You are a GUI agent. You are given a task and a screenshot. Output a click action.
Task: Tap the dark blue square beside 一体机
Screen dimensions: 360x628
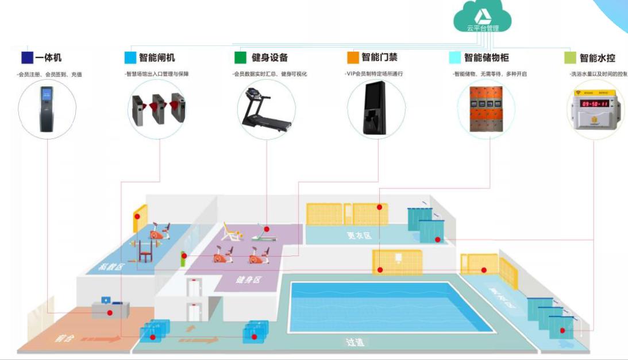coord(27,57)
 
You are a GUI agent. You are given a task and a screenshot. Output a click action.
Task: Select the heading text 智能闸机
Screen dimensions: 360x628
coord(157,57)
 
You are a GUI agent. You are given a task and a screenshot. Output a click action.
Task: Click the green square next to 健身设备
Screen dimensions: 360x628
coord(240,57)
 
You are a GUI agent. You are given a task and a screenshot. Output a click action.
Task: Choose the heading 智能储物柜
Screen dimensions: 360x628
coord(486,57)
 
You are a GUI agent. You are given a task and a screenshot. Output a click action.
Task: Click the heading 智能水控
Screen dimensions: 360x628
coord(598,57)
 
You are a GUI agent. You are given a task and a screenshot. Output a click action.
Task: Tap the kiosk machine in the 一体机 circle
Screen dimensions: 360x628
coord(47,109)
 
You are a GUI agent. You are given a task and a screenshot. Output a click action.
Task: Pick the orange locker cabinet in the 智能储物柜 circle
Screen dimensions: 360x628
coord(487,109)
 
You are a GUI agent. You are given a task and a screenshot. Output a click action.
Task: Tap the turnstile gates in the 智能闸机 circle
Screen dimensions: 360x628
coord(156,109)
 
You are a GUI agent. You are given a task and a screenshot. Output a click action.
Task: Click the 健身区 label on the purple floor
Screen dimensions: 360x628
coord(248,280)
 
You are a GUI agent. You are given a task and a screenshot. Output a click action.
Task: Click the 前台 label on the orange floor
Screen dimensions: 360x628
coord(61,338)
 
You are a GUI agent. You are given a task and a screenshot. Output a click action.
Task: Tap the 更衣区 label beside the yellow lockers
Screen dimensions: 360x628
coord(359,235)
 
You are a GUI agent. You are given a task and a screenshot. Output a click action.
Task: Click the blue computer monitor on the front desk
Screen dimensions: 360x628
coord(106,300)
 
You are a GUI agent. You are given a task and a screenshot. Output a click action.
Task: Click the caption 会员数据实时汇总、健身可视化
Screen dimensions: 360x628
coord(269,74)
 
